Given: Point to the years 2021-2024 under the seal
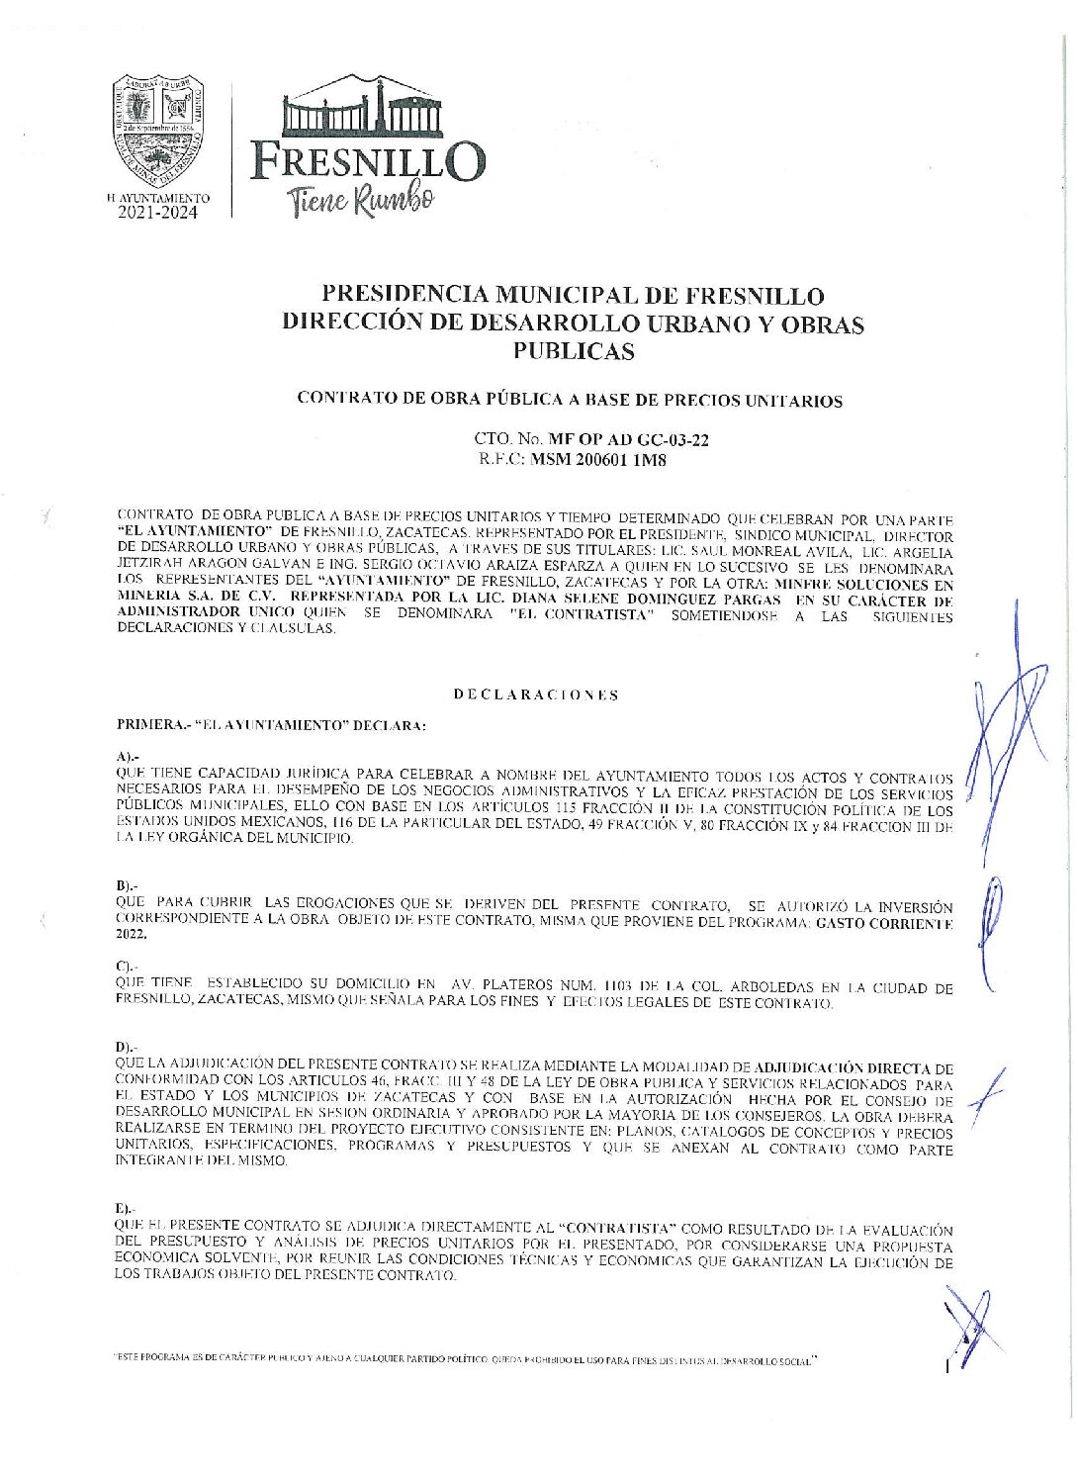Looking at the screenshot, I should (158, 213).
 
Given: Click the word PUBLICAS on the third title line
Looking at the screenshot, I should (573, 351).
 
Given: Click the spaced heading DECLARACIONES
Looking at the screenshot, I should (536, 694).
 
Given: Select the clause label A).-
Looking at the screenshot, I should (128, 756).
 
